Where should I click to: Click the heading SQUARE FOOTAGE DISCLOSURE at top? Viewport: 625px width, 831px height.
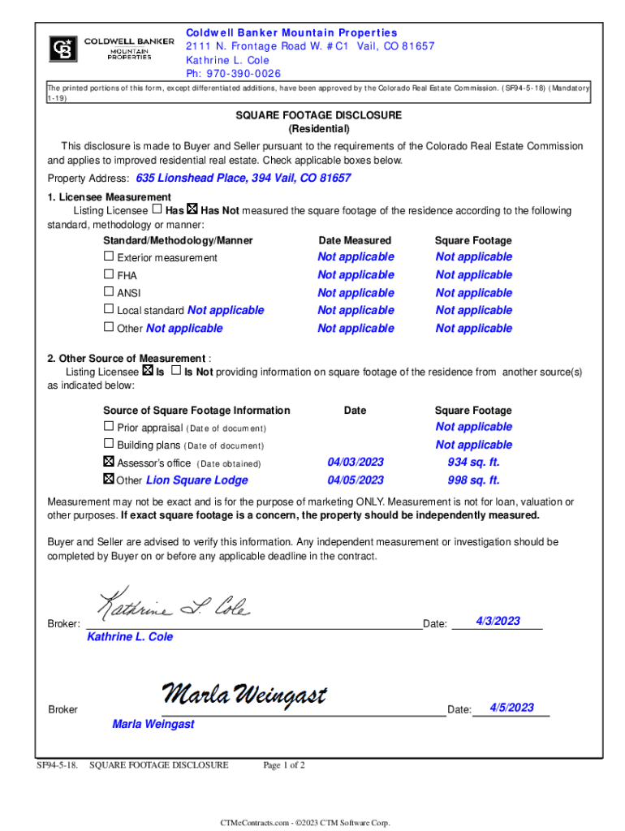(318, 115)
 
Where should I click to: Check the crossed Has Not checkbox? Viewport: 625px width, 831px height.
(192, 210)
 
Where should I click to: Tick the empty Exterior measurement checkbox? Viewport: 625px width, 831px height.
(109, 256)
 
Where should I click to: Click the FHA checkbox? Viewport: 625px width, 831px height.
(109, 274)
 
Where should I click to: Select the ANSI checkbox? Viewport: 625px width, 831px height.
(109, 292)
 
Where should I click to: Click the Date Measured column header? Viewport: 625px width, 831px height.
(355, 240)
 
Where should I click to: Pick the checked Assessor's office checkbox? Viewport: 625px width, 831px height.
(109, 462)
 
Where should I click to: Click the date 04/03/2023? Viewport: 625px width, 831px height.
(356, 463)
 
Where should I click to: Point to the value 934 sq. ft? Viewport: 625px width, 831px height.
(473, 463)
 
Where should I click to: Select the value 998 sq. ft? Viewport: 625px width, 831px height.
(473, 480)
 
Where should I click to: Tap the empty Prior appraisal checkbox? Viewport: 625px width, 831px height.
(109, 426)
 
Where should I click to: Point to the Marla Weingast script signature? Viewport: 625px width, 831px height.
(244, 695)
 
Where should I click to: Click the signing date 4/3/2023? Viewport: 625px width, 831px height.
(498, 621)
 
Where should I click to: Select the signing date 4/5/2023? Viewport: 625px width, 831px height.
(511, 708)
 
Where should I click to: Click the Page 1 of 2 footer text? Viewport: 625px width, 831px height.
(284, 764)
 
